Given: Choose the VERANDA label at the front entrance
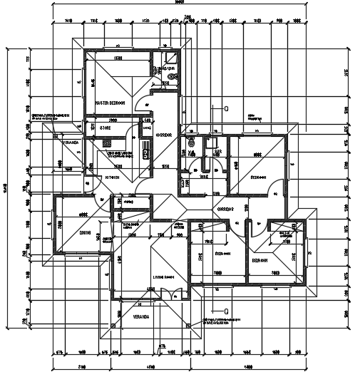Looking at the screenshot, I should [x=140, y=316].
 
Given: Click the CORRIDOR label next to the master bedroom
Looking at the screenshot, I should [x=165, y=133].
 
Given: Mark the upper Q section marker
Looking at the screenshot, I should [x=227, y=110].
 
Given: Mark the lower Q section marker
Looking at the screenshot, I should [x=227, y=311].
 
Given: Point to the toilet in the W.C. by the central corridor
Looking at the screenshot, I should [x=190, y=143].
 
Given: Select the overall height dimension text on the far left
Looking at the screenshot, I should [x=5, y=187].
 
